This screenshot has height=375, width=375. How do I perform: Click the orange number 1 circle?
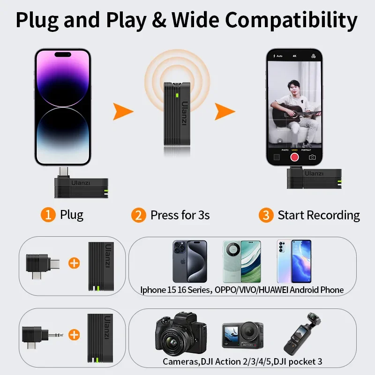point(48,215)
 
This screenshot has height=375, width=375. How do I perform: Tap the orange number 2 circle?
point(138,216)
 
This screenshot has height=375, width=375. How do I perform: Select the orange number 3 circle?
point(266,216)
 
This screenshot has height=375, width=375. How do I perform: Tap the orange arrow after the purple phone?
point(123,112)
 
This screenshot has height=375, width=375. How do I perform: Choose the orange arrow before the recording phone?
point(225,112)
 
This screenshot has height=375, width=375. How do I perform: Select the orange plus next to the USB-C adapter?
point(74,263)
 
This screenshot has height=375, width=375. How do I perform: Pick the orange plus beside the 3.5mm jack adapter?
point(74,334)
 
